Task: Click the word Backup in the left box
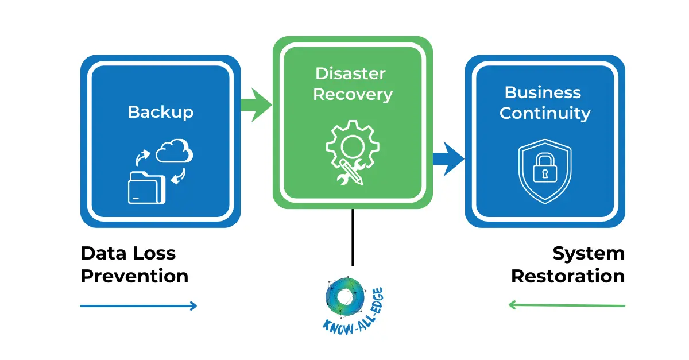[x=160, y=111]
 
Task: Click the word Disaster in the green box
[x=350, y=73]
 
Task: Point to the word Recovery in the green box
[x=353, y=95]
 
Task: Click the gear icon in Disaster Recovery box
[x=352, y=145]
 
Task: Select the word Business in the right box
[x=543, y=92]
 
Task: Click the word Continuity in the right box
[x=544, y=113]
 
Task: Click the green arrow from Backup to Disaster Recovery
[x=256, y=104]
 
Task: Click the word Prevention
[x=134, y=276]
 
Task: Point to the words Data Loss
[x=128, y=253]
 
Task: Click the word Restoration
[x=567, y=276]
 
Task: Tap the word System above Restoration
[x=588, y=253]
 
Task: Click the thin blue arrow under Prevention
[x=138, y=306]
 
